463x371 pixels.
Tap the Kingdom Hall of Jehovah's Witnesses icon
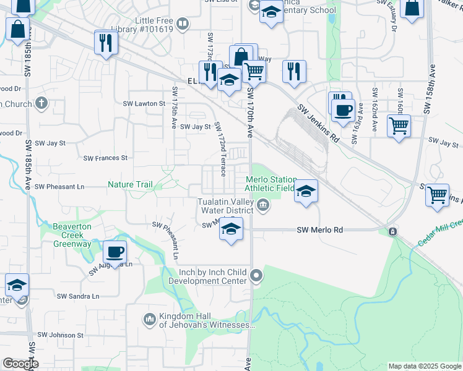pos(149,320)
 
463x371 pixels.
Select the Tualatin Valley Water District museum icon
pos(263,205)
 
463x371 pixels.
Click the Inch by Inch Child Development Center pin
pos(257,275)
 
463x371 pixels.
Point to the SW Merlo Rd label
pos(319,230)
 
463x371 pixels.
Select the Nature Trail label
pos(130,184)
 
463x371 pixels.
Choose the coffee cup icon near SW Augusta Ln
pos(115,252)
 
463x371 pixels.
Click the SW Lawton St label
pos(144,104)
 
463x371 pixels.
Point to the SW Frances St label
pos(106,158)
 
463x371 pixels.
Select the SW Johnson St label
pos(60,335)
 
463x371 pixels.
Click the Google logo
pos(20,364)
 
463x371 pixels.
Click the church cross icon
pos(41,103)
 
